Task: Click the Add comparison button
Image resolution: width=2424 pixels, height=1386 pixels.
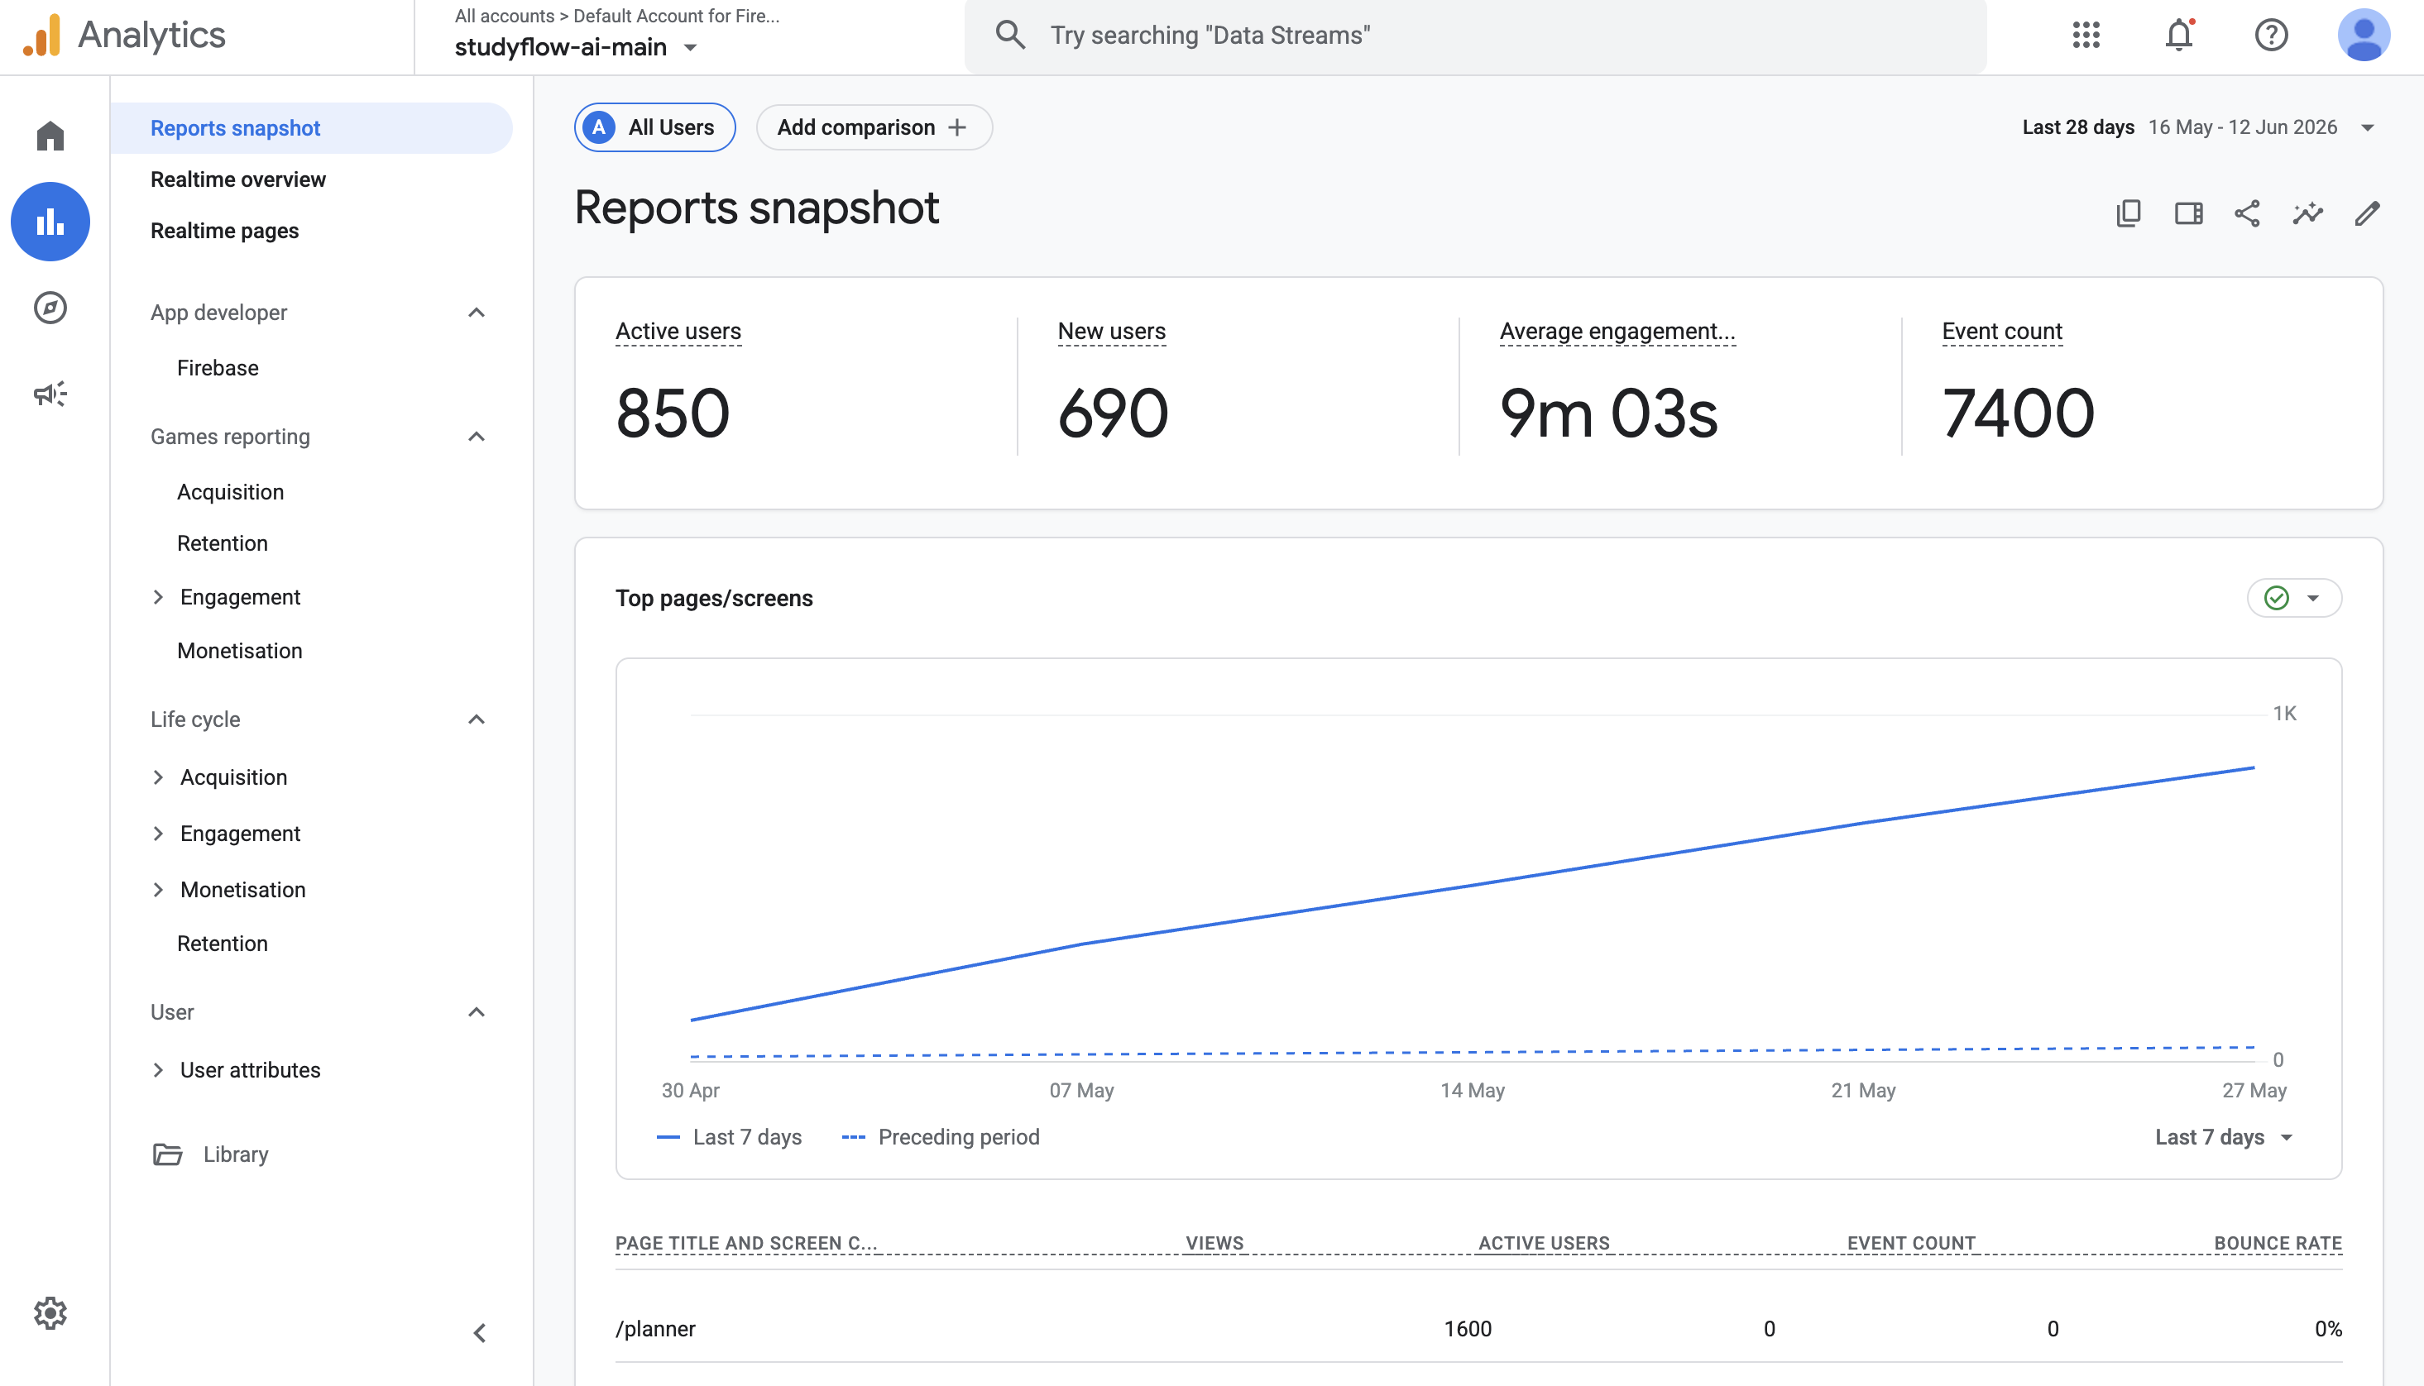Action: tap(873, 127)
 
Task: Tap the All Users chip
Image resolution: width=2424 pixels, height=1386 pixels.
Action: tap(655, 127)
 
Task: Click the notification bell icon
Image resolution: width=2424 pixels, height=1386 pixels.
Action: tap(2179, 36)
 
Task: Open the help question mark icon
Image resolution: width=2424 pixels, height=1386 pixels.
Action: tap(2272, 36)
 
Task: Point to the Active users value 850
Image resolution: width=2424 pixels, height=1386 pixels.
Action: tap(673, 413)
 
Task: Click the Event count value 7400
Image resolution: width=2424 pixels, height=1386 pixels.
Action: tap(2019, 413)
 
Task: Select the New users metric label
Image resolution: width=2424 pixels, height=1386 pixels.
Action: tap(1112, 332)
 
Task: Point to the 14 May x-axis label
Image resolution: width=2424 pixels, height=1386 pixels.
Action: tap(1473, 1090)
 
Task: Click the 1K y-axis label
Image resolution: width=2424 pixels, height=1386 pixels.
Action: tap(2285, 713)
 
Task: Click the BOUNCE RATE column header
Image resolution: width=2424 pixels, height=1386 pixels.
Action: tap(2278, 1243)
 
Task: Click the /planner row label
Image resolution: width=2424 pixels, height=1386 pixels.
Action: tap(656, 1329)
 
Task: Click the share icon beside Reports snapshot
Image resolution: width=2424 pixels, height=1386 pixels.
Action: tap(2247, 213)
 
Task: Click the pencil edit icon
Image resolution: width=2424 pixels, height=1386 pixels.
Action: tap(2368, 213)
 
